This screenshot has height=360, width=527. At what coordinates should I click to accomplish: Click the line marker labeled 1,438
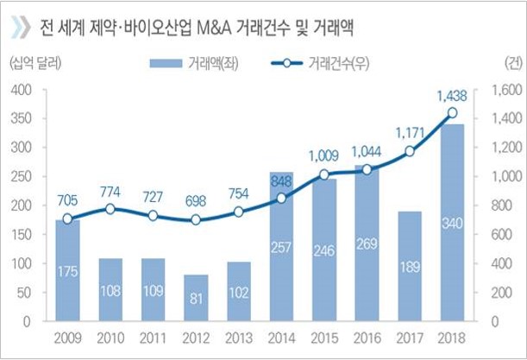coord(452,112)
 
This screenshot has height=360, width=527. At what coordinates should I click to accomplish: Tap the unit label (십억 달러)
coord(36,63)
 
